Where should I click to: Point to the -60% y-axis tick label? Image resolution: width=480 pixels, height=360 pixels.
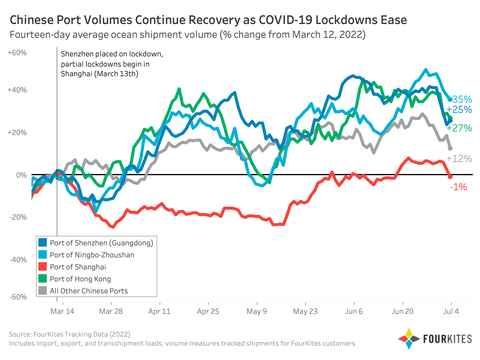point(17,297)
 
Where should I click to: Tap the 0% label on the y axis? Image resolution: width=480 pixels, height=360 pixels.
point(22,175)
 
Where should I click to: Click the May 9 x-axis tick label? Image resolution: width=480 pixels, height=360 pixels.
point(258,311)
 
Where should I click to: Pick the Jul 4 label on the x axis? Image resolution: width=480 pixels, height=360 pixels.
point(450,311)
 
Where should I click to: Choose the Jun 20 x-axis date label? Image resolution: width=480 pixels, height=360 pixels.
point(403,311)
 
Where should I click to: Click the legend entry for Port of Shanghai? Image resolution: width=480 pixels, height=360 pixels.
point(84,266)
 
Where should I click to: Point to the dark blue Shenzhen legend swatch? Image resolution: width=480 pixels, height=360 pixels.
point(43,242)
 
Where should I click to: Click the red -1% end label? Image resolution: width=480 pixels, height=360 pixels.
point(457,187)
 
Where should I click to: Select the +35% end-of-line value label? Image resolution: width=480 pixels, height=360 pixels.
point(461,99)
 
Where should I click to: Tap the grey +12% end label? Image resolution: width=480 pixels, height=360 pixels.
point(459,159)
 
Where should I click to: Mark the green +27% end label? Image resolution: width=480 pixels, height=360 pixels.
point(461,128)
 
